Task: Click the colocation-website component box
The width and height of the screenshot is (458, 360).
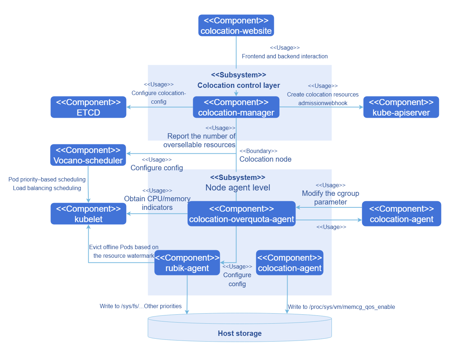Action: (x=236, y=26)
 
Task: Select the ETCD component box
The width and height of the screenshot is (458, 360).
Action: (x=88, y=107)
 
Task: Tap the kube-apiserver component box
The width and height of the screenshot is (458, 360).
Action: (x=401, y=107)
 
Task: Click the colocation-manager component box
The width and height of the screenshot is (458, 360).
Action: (x=236, y=107)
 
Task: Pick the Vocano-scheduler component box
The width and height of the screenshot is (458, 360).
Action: (x=88, y=155)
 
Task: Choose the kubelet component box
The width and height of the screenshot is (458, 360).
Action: (x=88, y=214)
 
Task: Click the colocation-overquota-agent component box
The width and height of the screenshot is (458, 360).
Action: (x=241, y=214)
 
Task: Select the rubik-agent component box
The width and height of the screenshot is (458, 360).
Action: (x=187, y=263)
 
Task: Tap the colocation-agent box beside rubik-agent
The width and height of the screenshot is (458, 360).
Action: (x=289, y=263)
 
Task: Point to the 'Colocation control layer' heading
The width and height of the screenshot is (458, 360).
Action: (x=239, y=85)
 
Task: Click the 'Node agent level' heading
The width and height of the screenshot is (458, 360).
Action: (x=238, y=188)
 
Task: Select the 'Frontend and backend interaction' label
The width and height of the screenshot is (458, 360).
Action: (x=285, y=56)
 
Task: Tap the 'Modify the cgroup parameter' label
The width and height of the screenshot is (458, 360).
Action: (x=330, y=198)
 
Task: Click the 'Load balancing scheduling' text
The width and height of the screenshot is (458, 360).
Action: (x=47, y=188)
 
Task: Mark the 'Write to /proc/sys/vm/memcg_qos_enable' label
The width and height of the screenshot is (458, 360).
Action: (x=341, y=307)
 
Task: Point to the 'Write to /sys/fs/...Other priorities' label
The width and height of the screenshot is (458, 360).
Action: (x=141, y=306)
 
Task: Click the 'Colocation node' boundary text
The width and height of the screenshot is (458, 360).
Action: (x=265, y=159)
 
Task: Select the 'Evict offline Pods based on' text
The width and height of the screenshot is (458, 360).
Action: (x=124, y=247)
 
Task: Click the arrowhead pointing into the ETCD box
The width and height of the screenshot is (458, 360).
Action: (x=129, y=107)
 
